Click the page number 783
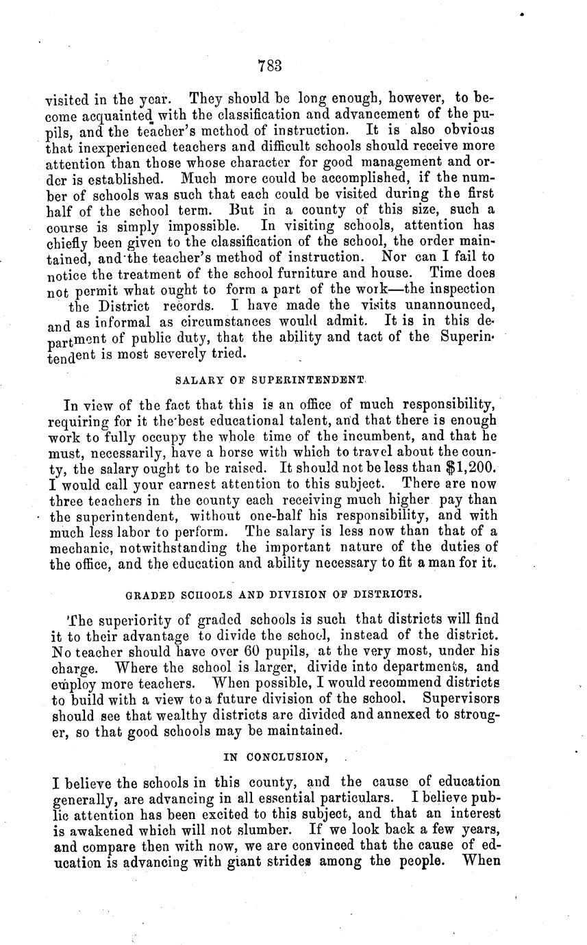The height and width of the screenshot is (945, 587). click(271, 66)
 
